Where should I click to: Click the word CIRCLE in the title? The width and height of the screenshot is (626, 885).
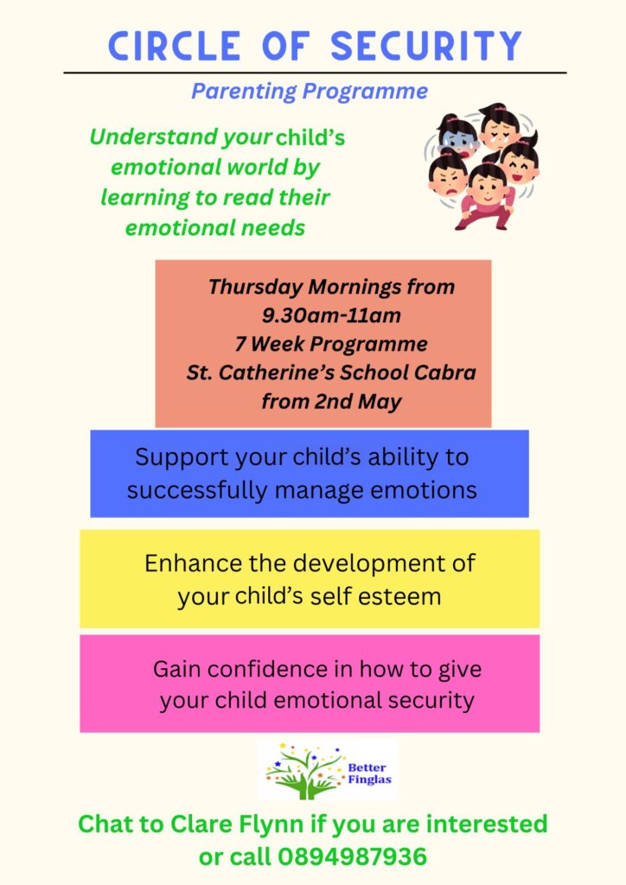175,46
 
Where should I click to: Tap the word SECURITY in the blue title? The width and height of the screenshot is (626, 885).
426,46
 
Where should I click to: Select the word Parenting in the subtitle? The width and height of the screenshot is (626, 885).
244,92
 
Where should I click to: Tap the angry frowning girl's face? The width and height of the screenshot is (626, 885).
448,180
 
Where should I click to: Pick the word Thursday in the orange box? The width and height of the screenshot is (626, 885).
255,287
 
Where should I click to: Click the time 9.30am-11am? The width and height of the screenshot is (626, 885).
331,315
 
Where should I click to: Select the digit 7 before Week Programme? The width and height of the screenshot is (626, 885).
240,344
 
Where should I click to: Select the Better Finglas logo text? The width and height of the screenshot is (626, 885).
369,774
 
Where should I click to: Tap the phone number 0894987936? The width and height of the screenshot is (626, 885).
352,856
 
